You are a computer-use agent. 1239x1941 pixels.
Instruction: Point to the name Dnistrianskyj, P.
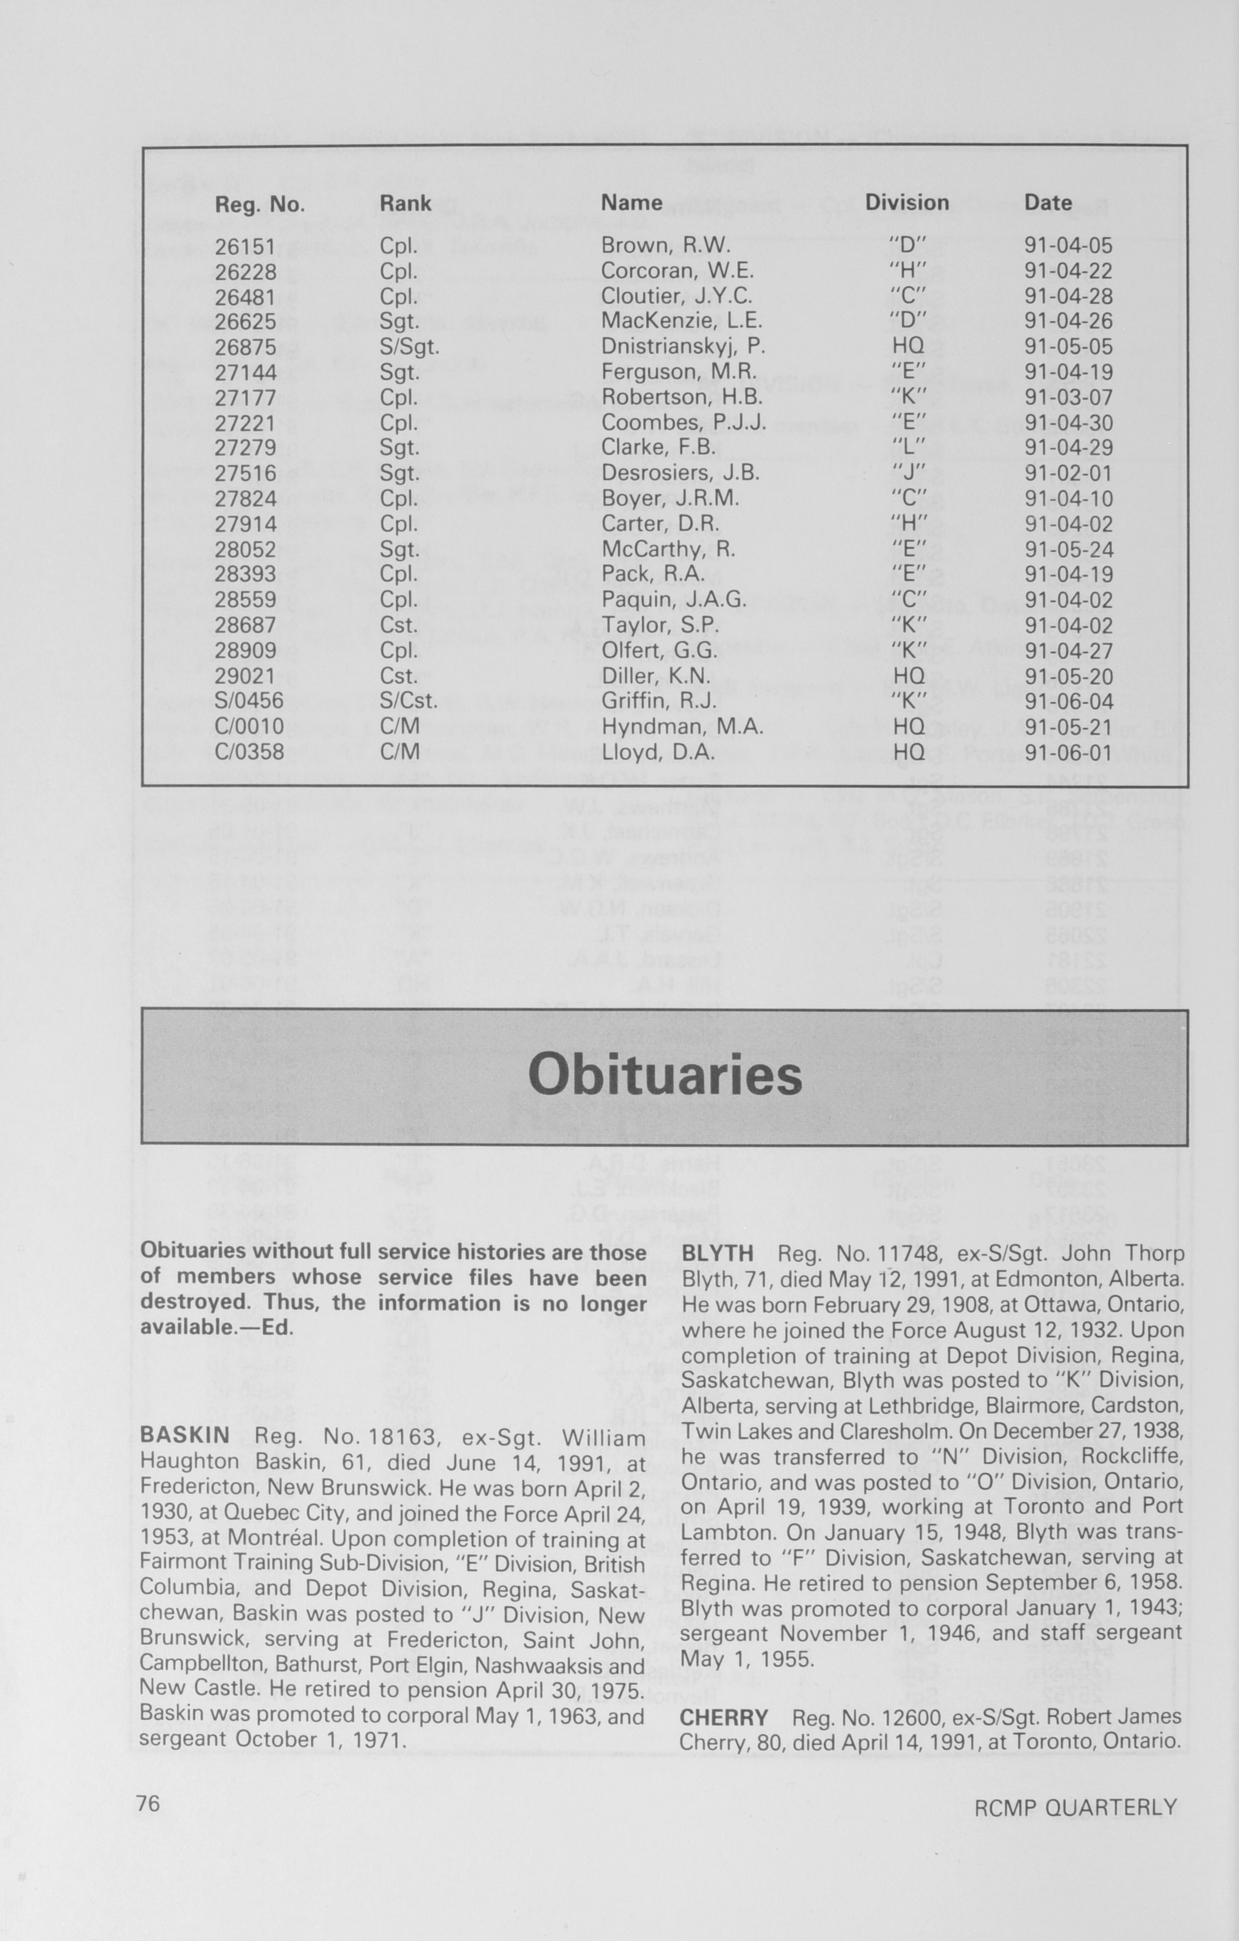[683, 347]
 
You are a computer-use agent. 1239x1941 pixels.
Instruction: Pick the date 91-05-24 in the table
[1068, 550]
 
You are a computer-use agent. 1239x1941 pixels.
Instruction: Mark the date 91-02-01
[1068, 473]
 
